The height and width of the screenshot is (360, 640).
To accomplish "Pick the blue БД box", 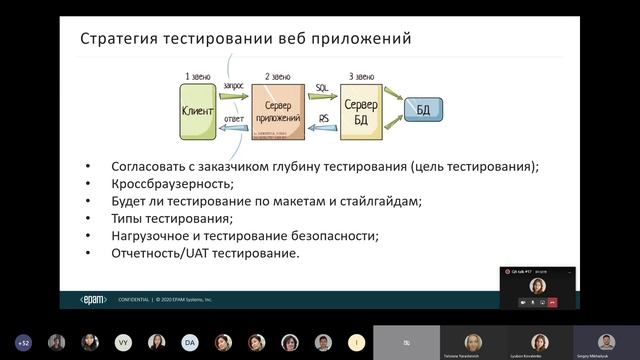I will point(423,109).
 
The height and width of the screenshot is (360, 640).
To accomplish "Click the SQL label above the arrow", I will point(322,88).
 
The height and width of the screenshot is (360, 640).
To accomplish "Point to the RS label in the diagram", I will point(323,120).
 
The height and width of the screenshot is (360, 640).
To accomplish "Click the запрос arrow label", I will point(233,89).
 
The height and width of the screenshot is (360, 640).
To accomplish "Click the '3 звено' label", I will point(361,76).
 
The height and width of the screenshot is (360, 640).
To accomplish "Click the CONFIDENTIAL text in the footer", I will point(134,299).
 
